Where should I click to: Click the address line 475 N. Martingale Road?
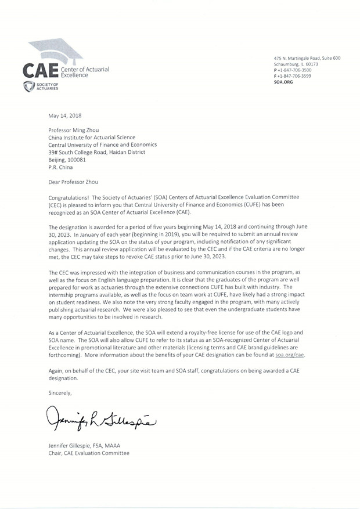pos(307,58)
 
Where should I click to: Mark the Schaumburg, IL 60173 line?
pos(298,64)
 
